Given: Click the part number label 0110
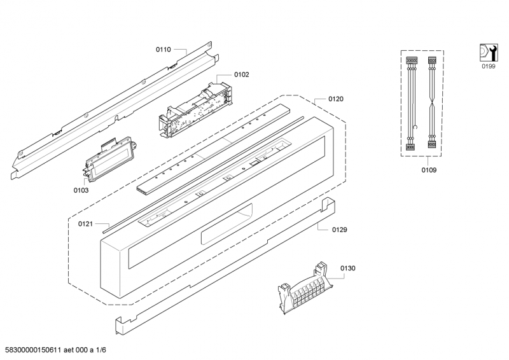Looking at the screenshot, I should point(164,49).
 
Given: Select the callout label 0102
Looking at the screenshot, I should point(241,74).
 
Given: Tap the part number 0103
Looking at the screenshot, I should point(81,190).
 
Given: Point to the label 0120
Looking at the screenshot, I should point(336,99).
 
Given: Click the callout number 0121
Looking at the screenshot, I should point(86,223).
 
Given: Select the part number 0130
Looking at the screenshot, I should point(348,268).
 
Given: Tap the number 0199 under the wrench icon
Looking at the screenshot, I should point(487,66).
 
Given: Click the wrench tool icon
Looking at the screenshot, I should point(487,53).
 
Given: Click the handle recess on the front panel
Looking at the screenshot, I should point(226,236).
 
